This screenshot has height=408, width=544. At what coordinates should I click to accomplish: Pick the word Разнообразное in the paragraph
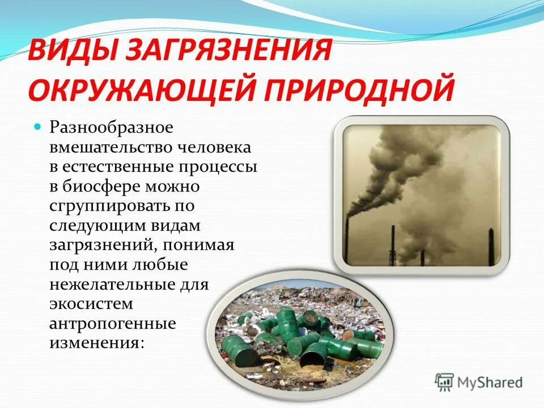point(111,127)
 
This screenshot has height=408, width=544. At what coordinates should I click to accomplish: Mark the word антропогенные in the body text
point(113,323)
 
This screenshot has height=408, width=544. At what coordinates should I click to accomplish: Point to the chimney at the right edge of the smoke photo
point(491,244)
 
